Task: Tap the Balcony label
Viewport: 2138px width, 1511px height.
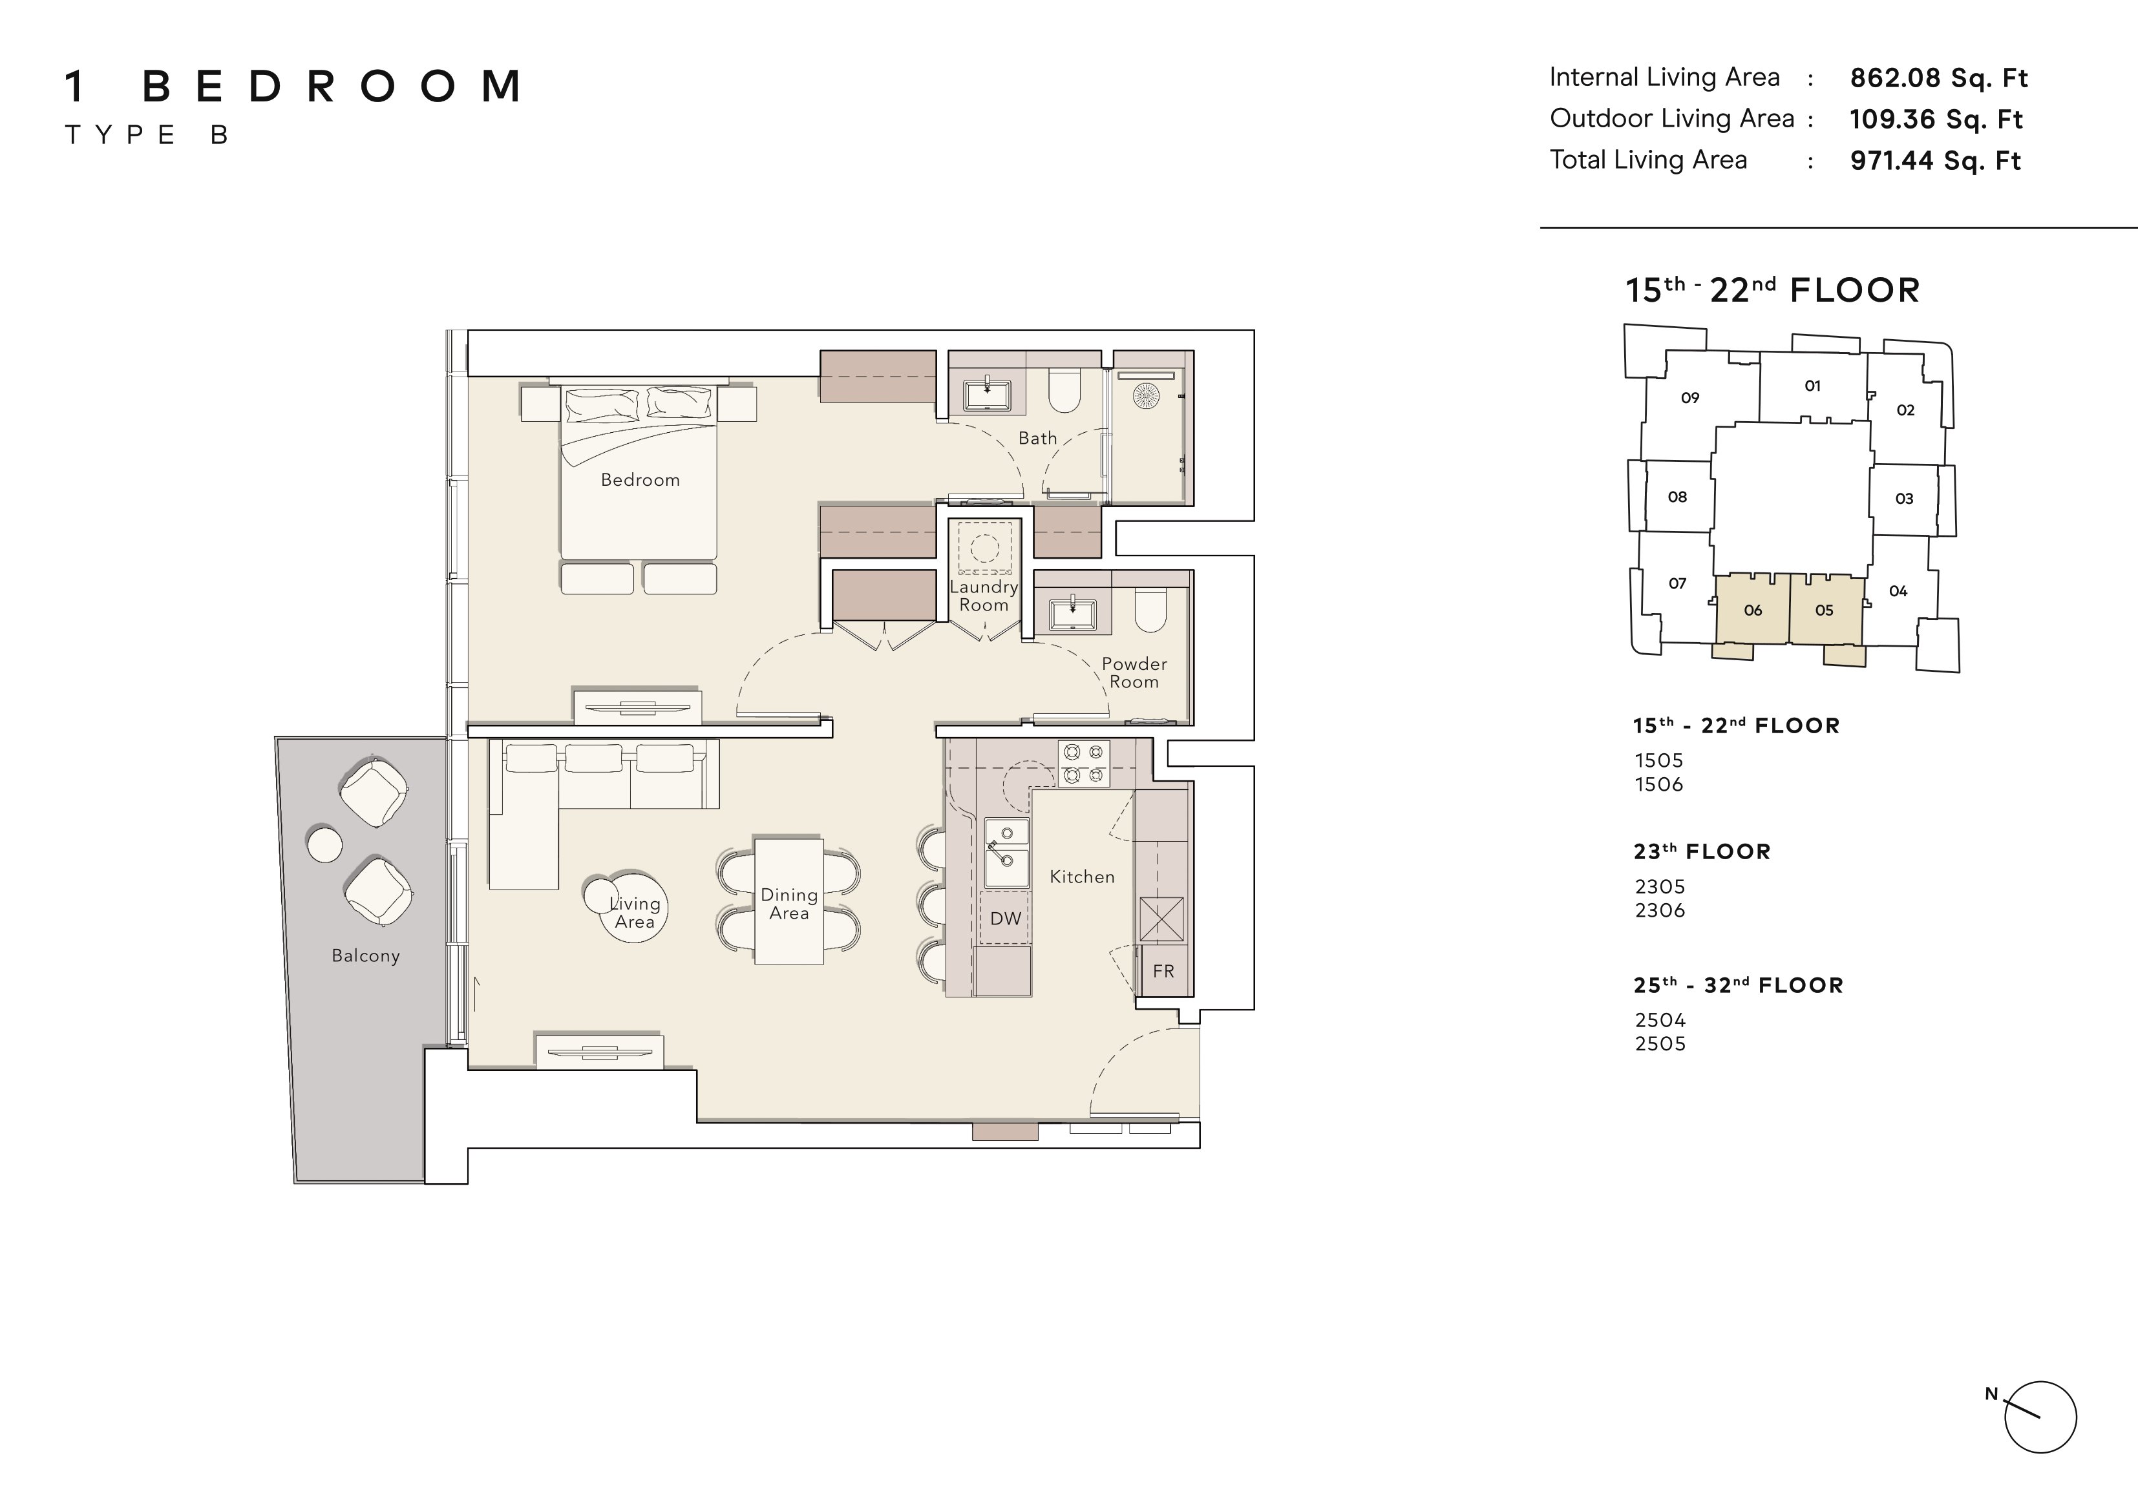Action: tap(366, 956)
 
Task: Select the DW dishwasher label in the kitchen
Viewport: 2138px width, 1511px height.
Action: tap(1006, 919)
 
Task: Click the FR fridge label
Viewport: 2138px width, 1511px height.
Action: tap(1163, 971)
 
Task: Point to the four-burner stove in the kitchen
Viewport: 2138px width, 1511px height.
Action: tap(1084, 762)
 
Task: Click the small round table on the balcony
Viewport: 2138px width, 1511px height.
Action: tap(324, 844)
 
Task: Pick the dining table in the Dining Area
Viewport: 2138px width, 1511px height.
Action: tap(789, 901)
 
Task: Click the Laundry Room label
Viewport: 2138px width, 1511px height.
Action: tap(984, 596)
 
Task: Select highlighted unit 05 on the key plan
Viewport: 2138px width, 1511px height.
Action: tap(1824, 610)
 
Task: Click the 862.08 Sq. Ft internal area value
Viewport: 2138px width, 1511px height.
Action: tap(1939, 78)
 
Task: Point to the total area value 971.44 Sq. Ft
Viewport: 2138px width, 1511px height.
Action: tap(1935, 161)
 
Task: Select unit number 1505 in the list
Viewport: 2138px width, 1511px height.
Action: tap(1659, 760)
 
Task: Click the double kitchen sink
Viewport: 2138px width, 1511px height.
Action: tap(1006, 853)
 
